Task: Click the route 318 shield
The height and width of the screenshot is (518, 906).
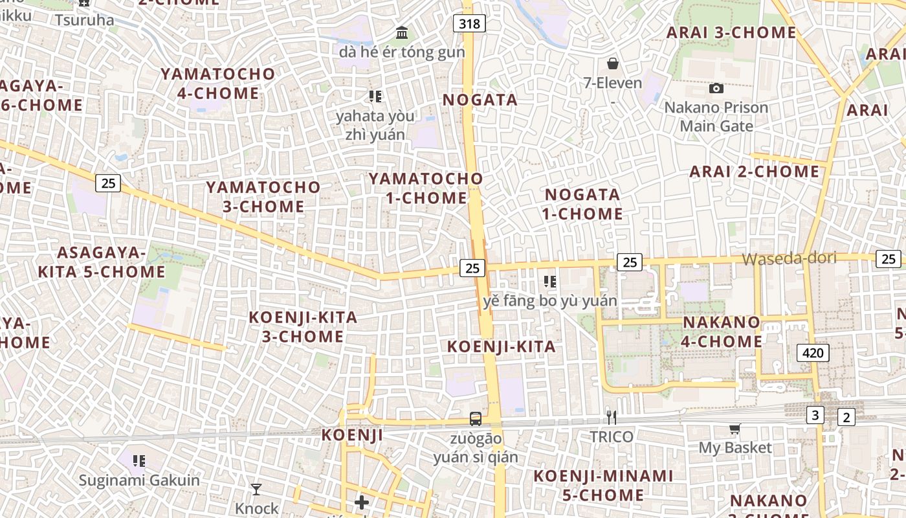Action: (470, 24)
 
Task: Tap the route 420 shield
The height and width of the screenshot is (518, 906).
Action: (813, 353)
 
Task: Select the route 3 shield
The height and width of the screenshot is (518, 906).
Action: (815, 416)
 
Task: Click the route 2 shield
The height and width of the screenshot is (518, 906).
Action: (846, 418)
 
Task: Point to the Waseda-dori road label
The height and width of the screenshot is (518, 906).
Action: (789, 258)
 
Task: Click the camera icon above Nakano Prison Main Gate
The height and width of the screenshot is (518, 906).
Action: (716, 88)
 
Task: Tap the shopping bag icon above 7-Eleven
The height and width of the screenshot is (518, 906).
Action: (612, 63)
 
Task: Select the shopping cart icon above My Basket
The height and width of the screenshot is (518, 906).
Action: (735, 429)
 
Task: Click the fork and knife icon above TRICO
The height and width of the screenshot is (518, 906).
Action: (611, 418)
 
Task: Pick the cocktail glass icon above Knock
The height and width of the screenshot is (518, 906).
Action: (256, 489)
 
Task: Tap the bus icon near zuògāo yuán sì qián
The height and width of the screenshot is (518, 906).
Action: (476, 419)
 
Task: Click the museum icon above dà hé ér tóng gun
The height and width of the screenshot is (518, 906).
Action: (402, 32)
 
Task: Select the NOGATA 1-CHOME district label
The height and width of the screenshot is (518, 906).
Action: (584, 204)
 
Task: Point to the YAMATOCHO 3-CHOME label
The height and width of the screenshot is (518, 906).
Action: (263, 197)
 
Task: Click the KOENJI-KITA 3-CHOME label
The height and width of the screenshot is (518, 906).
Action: (303, 327)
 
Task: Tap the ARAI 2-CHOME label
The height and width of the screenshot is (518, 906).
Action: (755, 172)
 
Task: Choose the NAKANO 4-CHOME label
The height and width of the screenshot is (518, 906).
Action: (722, 332)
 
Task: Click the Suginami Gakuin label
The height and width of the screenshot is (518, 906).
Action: (139, 480)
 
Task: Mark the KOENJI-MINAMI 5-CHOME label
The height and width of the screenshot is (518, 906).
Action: (603, 486)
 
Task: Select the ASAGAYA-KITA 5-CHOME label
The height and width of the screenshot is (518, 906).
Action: (102, 262)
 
